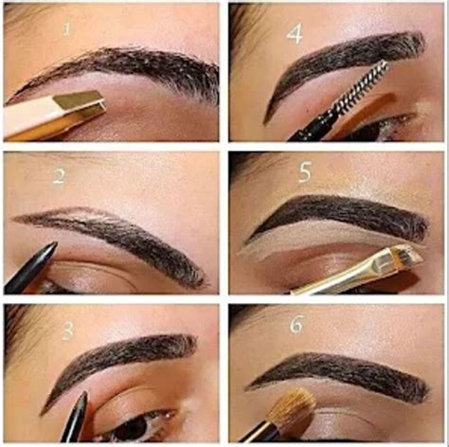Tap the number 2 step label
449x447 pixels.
click(60, 177)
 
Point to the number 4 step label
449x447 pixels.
click(296, 35)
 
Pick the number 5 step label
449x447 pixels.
click(306, 174)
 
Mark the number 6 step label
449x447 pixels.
click(296, 324)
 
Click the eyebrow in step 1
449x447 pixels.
click(123, 66)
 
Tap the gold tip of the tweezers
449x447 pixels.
click(81, 107)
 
